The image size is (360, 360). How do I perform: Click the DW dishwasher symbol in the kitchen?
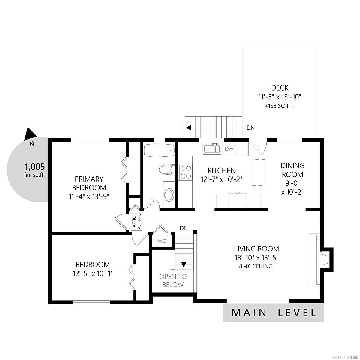229,149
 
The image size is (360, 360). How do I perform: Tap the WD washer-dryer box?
162,241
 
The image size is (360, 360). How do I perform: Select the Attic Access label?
137,222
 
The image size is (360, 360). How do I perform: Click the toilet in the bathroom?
167,169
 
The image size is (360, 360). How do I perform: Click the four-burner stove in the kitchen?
186,172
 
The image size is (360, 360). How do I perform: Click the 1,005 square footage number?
35,166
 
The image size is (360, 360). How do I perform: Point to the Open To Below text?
173,281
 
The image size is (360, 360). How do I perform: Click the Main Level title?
274,313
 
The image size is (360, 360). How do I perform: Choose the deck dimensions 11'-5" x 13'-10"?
280,97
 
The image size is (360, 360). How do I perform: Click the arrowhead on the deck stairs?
188,128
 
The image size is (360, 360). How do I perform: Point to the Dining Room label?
292,170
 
